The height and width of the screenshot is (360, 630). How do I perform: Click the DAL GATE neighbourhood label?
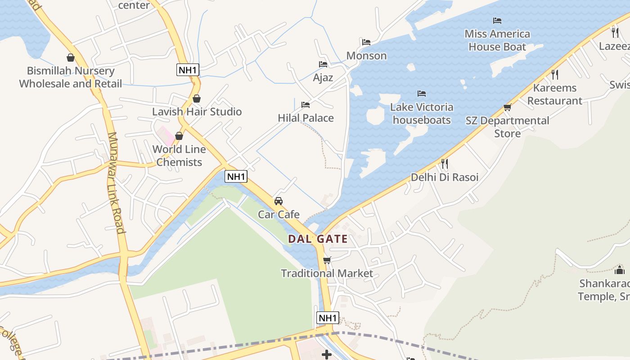(x=318, y=239)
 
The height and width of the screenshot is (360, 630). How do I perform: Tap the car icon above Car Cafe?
(x=279, y=201)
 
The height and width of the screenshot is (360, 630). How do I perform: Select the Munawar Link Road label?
(x=116, y=182)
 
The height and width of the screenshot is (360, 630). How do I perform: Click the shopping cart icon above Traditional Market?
(x=327, y=260)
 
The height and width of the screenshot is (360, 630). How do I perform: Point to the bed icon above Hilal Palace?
(x=306, y=105)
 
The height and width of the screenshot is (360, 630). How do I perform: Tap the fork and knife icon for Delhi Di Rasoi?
(x=445, y=163)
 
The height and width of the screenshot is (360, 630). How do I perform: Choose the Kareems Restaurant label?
(x=554, y=94)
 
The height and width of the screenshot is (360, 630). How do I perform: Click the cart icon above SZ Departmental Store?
(x=507, y=107)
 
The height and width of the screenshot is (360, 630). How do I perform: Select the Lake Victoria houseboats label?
(x=422, y=113)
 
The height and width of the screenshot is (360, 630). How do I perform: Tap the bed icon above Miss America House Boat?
(x=497, y=21)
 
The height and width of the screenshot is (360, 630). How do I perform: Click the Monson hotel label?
(x=366, y=56)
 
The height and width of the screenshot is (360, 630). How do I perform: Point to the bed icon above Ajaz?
(x=323, y=64)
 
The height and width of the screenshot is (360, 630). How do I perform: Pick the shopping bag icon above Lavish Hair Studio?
(x=197, y=98)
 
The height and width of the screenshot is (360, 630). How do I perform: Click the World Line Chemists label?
(x=179, y=156)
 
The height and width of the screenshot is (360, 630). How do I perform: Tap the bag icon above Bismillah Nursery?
(x=71, y=58)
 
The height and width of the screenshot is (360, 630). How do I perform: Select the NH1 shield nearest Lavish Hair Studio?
(x=188, y=70)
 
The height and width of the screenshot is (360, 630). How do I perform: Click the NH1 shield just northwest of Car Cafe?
(x=236, y=176)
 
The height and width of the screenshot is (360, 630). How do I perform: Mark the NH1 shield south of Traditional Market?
(x=328, y=318)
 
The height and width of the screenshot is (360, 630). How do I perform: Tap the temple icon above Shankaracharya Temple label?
(x=620, y=270)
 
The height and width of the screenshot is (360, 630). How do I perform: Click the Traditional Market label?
(x=327, y=273)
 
